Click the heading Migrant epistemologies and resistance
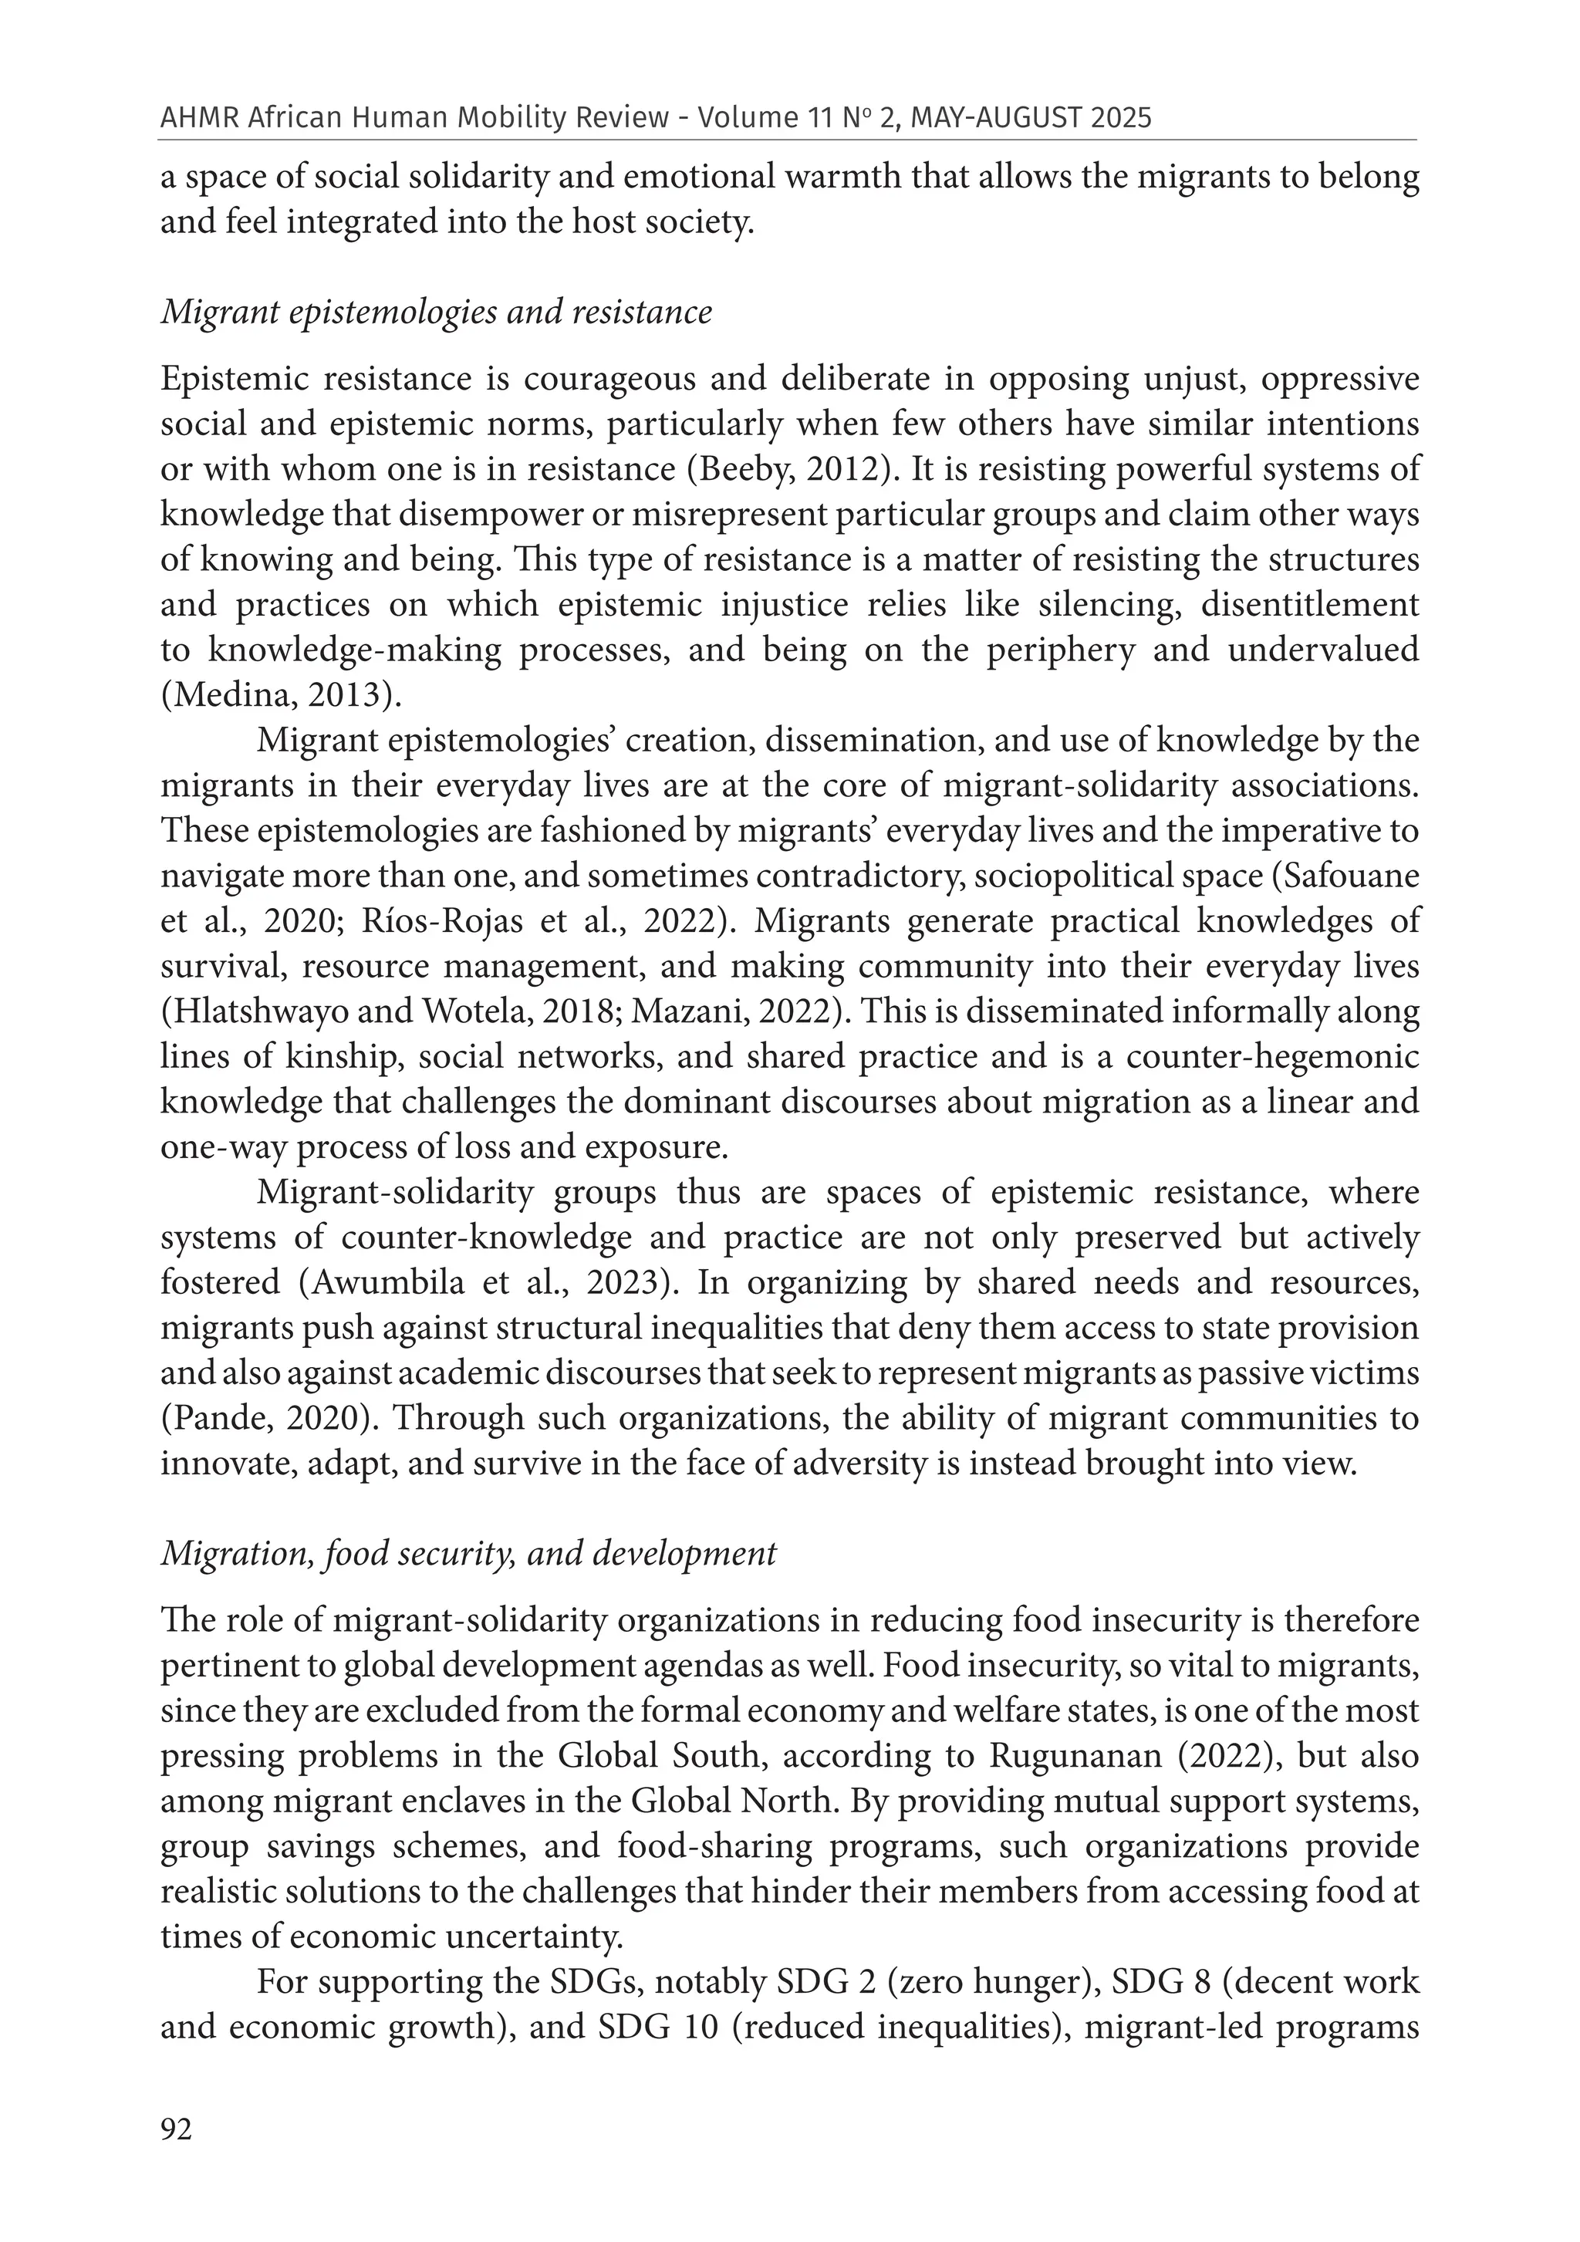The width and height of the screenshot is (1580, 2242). [436, 312]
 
